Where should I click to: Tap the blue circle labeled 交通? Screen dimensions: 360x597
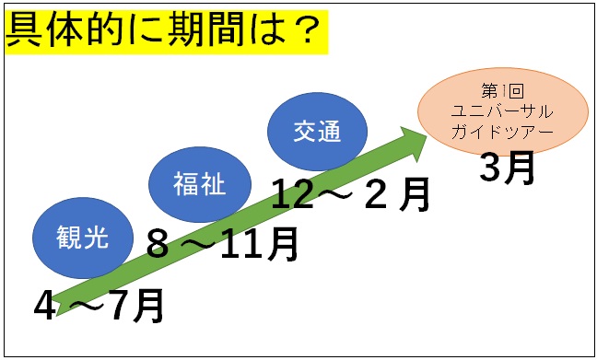point(316,132)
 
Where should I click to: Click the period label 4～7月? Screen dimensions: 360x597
point(99,306)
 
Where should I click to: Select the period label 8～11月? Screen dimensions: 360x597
point(223,244)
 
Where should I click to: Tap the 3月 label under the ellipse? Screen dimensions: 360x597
point(507,168)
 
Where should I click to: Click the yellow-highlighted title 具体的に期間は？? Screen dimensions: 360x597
point(166,32)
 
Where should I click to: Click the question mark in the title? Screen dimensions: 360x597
point(303,32)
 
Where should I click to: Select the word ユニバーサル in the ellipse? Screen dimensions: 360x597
point(502,111)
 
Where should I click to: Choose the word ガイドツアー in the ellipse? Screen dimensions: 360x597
point(502,131)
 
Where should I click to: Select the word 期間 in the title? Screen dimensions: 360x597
point(200,32)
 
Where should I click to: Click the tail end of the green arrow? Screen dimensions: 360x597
point(61,306)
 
